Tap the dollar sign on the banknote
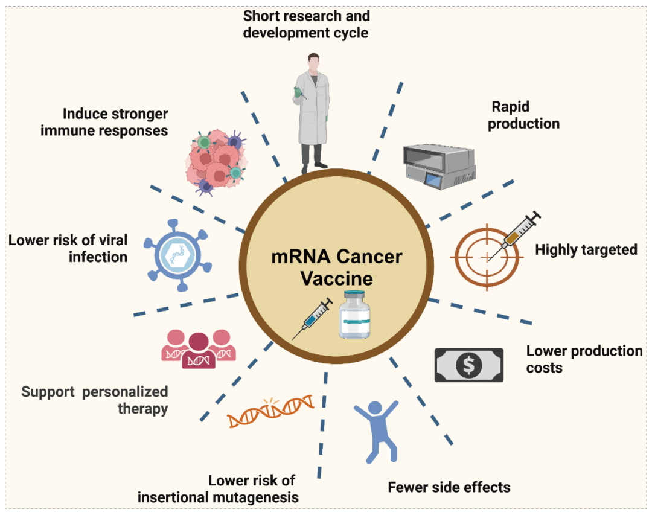[x=469, y=365]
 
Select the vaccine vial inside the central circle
[x=354, y=315]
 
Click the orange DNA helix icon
[x=270, y=412]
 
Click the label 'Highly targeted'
[x=586, y=249]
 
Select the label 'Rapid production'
[x=523, y=115]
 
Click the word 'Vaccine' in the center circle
[x=336, y=280]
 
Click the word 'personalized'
[x=126, y=392]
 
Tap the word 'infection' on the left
[x=98, y=257]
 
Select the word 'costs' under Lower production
[x=544, y=367]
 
